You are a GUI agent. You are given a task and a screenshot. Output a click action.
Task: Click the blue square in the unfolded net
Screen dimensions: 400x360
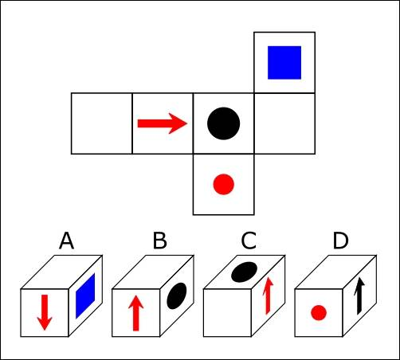click(284, 63)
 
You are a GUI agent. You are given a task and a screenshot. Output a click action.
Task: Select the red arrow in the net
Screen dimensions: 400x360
click(163, 123)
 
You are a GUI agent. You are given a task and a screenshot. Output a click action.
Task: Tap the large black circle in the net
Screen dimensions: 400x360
click(224, 123)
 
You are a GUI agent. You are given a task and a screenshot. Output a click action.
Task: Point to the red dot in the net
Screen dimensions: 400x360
click(224, 184)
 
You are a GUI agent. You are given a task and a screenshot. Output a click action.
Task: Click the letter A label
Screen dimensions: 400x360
click(66, 241)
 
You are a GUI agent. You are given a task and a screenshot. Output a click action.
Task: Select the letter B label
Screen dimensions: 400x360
click(160, 241)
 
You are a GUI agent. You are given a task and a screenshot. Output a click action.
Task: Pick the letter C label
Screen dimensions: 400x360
click(249, 241)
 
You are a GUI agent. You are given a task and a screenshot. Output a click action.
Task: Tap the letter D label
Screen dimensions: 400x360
click(340, 241)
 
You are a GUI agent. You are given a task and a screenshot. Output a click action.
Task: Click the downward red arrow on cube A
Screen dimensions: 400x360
click(45, 312)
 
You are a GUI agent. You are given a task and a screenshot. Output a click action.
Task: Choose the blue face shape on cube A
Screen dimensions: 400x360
click(85, 296)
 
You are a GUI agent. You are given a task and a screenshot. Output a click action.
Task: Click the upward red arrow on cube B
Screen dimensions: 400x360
click(135, 313)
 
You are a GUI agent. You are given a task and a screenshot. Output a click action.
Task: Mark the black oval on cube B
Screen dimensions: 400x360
click(177, 295)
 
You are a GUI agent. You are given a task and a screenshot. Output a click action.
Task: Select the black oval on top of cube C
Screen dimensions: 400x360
click(245, 272)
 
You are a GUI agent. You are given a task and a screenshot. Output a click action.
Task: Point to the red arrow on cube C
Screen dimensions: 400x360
click(269, 295)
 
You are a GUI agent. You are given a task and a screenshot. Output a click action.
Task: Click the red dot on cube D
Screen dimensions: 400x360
click(319, 313)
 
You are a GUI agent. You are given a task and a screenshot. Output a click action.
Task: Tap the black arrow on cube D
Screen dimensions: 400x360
click(359, 296)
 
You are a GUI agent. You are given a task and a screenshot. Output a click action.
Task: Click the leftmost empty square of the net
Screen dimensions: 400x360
click(102, 123)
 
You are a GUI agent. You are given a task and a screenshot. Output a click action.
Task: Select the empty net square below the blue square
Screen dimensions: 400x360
click(284, 123)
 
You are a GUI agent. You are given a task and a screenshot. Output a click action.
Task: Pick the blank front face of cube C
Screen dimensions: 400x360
click(227, 313)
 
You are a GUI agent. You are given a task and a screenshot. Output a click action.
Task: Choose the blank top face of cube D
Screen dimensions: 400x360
click(335, 272)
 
